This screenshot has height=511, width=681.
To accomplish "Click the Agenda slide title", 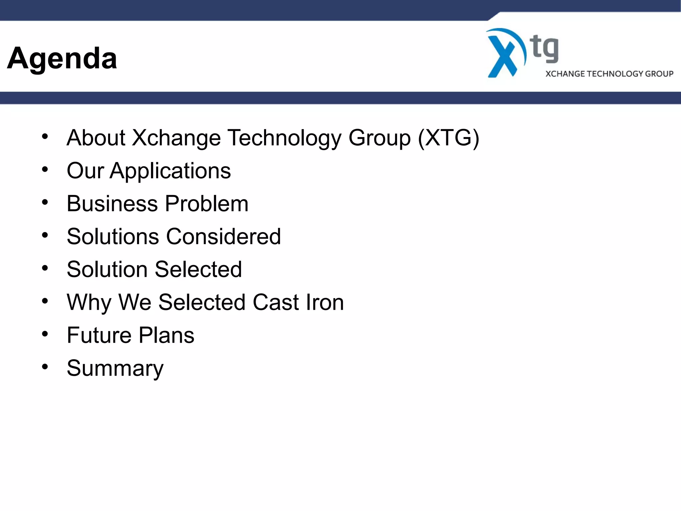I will (62, 58).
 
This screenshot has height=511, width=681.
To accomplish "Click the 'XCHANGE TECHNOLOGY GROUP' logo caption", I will (609, 74).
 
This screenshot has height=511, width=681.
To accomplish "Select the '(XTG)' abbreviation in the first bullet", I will (449, 138).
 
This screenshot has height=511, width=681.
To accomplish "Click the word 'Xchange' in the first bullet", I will (176, 138).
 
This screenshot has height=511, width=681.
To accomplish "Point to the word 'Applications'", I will (170, 171).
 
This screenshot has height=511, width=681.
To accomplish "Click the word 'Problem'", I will (206, 204).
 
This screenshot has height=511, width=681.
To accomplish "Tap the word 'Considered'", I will (223, 237).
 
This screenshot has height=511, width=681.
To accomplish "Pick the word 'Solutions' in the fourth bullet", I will (113, 237).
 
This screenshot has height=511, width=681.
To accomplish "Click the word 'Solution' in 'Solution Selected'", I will (107, 269).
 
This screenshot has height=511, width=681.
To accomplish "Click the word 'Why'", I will (89, 303).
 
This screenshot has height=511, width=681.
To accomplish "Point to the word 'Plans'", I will (166, 335).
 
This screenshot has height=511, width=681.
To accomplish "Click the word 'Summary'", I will (115, 369).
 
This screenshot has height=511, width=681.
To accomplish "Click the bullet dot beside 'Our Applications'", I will (45, 170).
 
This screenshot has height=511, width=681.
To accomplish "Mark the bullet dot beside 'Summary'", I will (45, 367).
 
